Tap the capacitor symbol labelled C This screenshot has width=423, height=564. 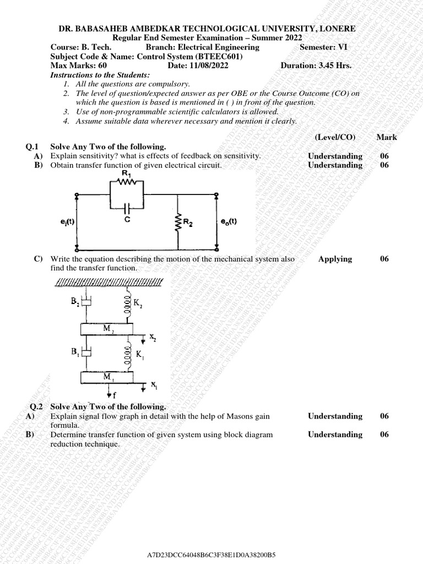coord(127,209)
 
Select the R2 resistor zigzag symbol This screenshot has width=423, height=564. coord(178,223)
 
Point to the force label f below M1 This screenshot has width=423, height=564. coord(115,395)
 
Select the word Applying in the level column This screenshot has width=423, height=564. coord(335,259)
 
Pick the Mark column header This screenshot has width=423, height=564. coord(387,137)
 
